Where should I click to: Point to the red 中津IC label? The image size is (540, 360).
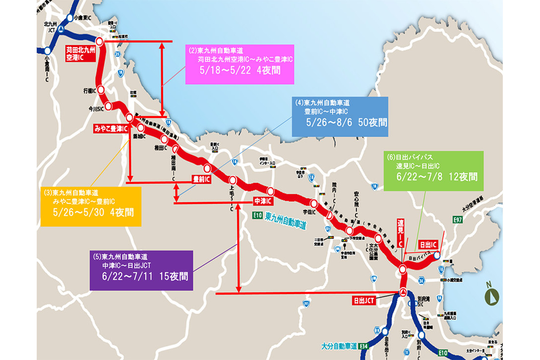[x=263, y=201]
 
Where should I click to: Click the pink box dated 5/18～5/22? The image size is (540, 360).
[x=240, y=64]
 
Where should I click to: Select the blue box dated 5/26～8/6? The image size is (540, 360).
[x=340, y=116]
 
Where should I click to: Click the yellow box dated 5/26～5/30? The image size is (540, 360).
[x=91, y=206]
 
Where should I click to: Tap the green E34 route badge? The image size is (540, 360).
[x=364, y=346]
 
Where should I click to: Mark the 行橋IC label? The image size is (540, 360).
[x=90, y=91]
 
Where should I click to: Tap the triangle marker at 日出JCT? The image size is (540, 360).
[x=403, y=292]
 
